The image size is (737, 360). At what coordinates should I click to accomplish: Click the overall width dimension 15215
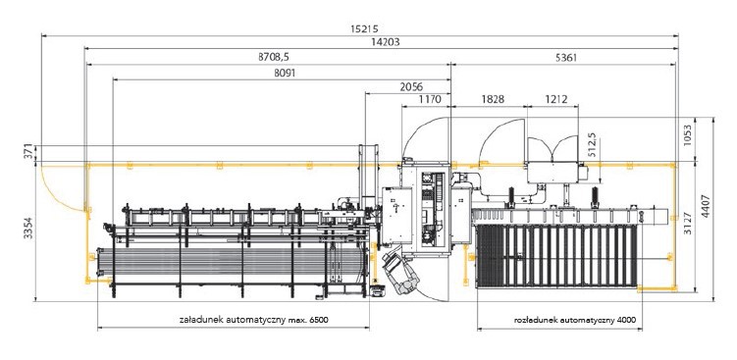(x=364, y=28)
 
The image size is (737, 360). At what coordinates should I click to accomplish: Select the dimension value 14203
(x=385, y=42)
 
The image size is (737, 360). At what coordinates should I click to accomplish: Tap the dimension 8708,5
(x=274, y=57)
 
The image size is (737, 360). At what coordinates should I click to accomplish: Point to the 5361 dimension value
(x=566, y=58)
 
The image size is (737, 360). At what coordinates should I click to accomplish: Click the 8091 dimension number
(x=285, y=73)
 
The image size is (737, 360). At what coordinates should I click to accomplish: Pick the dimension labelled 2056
(x=411, y=86)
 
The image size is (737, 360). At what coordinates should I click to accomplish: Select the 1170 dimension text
(x=430, y=99)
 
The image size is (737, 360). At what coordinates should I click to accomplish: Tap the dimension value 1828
(x=493, y=99)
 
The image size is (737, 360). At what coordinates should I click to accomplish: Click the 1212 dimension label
(x=556, y=99)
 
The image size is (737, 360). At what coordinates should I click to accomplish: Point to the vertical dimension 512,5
(x=592, y=144)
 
